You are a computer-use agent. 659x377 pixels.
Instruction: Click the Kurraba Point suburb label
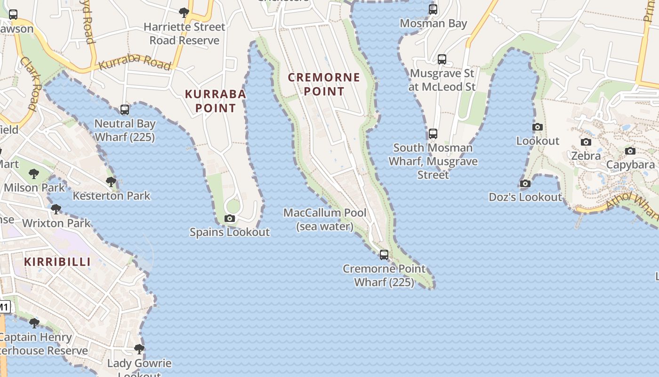215,101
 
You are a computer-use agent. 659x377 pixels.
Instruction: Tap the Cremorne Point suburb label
324,84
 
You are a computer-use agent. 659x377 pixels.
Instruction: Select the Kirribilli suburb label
57,262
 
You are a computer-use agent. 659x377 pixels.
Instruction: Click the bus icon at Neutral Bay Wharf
125,110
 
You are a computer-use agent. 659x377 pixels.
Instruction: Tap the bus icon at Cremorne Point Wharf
384,255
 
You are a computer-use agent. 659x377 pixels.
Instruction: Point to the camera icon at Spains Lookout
230,218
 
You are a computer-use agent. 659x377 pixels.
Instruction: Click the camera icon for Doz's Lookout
525,183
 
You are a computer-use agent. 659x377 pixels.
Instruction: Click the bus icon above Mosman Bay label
433,9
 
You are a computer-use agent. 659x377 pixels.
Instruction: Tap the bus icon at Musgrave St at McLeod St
442,59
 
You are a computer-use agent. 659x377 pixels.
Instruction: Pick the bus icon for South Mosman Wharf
433,134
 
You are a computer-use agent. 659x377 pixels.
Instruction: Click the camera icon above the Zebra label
586,142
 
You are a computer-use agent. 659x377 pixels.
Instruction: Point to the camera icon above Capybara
630,151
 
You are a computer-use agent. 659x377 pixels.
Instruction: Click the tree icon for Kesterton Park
111,181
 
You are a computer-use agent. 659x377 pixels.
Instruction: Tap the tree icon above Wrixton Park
56,209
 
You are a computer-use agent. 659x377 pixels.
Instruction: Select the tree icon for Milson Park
34,173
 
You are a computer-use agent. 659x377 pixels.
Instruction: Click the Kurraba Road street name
135,63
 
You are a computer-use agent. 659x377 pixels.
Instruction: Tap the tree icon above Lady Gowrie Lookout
139,349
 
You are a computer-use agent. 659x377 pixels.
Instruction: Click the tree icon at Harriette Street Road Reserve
184,12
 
